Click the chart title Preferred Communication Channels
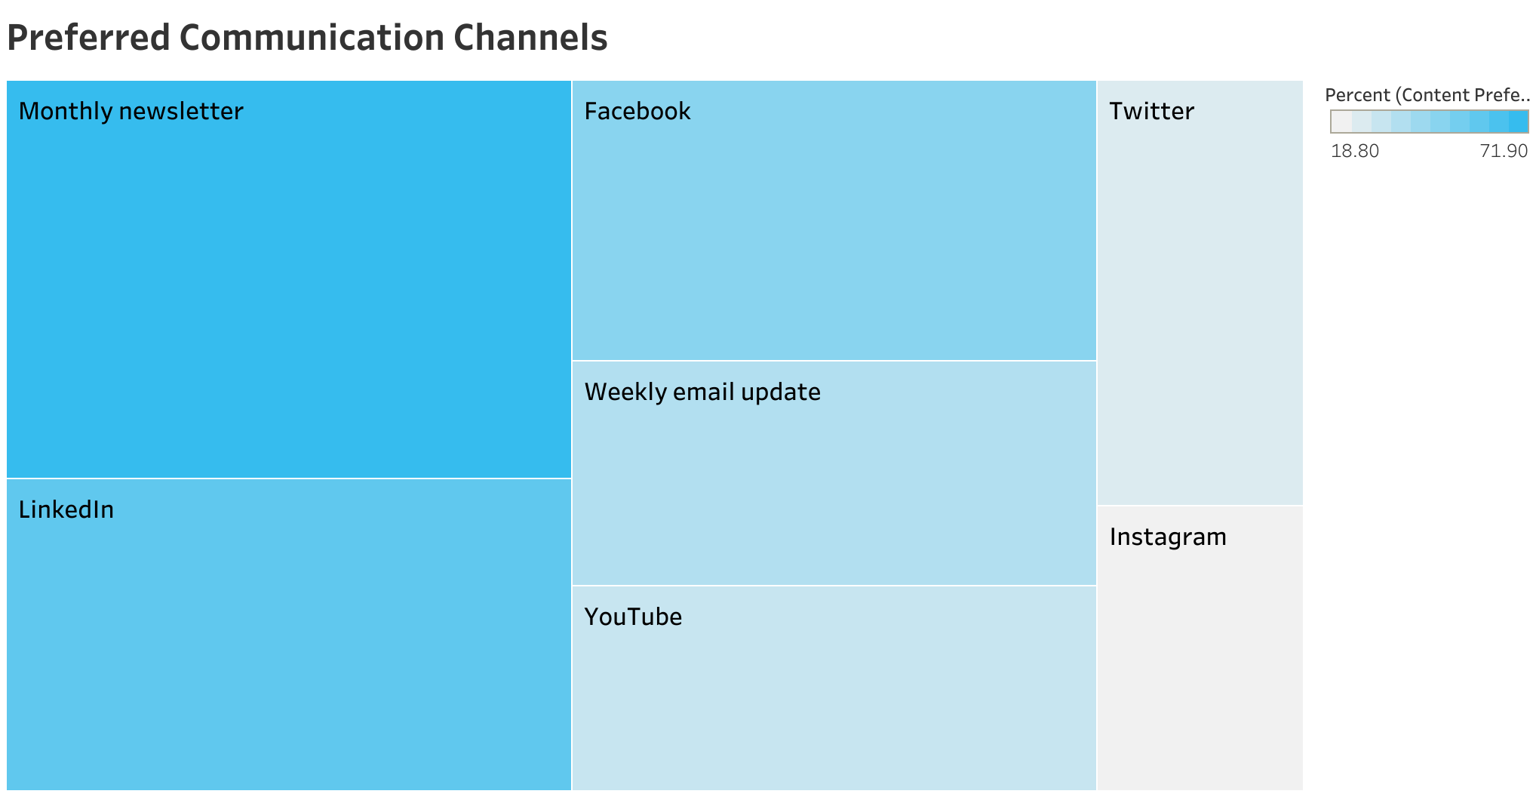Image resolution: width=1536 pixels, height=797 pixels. (307, 38)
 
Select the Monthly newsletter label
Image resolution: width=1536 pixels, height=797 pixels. (131, 111)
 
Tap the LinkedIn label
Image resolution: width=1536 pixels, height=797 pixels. (66, 509)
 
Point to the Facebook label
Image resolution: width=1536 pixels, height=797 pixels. (637, 111)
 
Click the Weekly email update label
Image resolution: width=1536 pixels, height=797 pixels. (702, 392)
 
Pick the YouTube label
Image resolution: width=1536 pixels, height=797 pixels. (633, 617)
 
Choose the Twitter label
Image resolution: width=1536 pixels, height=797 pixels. (1152, 111)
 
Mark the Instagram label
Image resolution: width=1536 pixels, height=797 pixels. (1168, 537)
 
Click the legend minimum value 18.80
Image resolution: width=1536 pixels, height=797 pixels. (1355, 151)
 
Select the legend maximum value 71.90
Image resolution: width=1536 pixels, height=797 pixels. (1504, 151)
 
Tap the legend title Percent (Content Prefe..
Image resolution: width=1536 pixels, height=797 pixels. (1427, 95)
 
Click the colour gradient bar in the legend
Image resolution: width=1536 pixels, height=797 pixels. (1430, 122)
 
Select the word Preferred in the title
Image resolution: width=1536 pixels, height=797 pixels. (89, 38)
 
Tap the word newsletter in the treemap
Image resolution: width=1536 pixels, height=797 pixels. (181, 111)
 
